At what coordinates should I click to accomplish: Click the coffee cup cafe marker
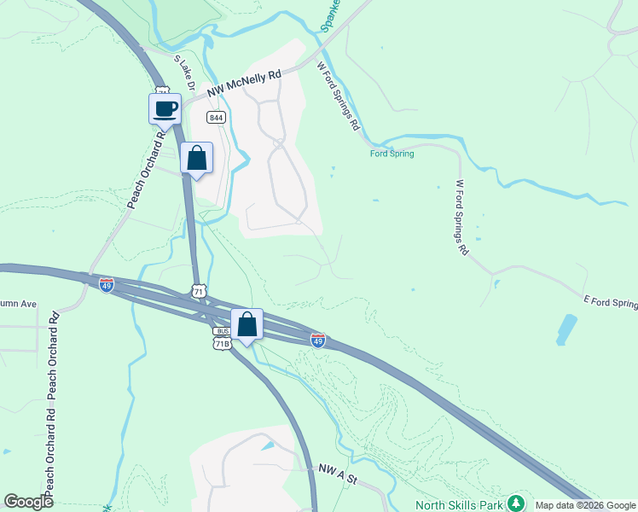click(165, 109)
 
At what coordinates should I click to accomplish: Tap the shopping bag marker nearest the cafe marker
click(197, 158)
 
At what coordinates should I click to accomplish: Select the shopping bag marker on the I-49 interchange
click(246, 324)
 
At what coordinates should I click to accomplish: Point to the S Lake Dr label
click(185, 75)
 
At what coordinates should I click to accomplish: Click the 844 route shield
click(216, 118)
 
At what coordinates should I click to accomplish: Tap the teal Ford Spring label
click(391, 154)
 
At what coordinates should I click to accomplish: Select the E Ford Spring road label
click(610, 302)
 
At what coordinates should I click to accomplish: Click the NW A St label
click(338, 469)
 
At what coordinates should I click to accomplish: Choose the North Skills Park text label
click(459, 504)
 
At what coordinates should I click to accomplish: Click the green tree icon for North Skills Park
click(515, 503)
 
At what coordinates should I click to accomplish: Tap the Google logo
click(28, 501)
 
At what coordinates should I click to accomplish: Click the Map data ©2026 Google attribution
click(585, 504)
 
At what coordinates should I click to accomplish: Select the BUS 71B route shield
click(223, 337)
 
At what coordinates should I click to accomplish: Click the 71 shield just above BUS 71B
click(199, 291)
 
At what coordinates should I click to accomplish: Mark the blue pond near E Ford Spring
click(566, 329)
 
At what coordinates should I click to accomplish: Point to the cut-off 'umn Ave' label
click(19, 303)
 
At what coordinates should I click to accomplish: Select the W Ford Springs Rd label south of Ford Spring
click(461, 217)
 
